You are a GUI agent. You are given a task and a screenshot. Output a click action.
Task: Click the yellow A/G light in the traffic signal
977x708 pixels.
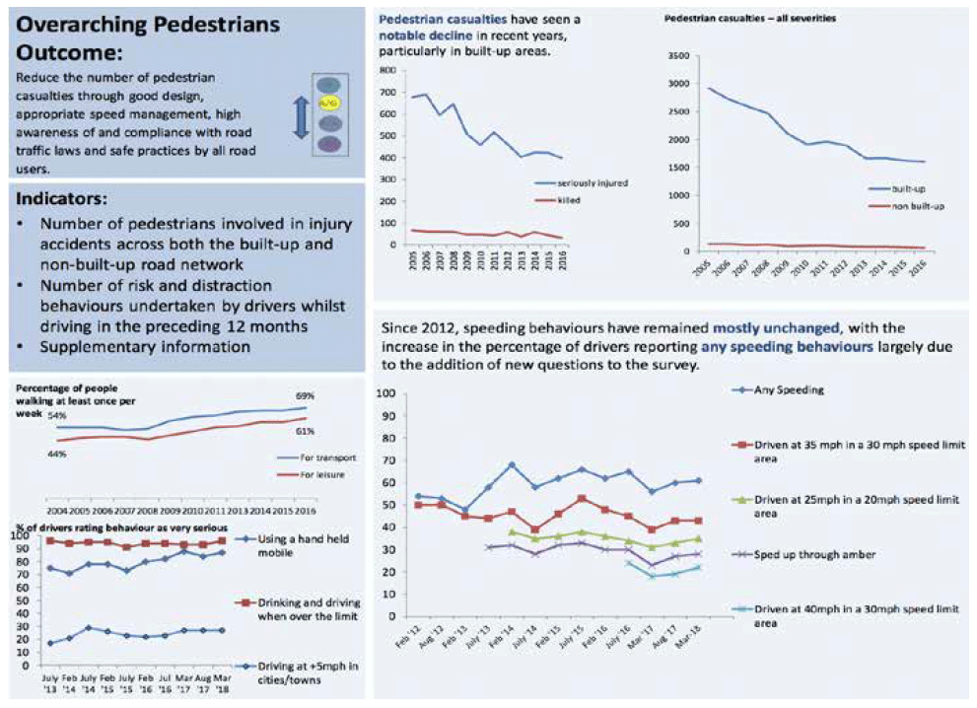point(328,103)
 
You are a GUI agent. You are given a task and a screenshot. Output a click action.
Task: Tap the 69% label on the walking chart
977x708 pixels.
point(305,395)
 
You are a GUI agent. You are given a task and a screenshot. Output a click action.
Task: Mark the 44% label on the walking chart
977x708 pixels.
point(56,454)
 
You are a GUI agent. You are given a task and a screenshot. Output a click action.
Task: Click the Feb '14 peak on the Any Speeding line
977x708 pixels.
point(511,464)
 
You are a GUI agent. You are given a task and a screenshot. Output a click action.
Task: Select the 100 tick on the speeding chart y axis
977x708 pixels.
point(387,393)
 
